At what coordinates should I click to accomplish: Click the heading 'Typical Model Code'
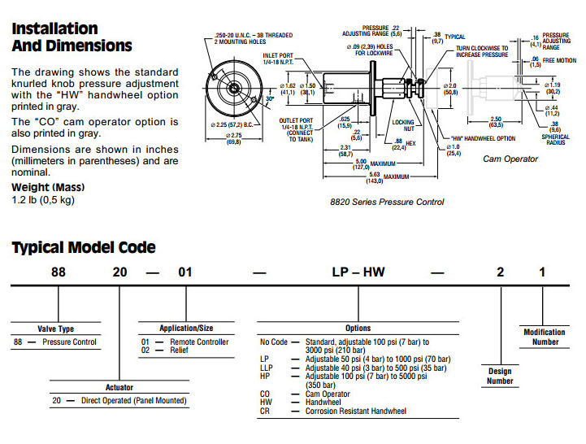tap(84, 247)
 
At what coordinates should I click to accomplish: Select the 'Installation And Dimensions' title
tap(72, 37)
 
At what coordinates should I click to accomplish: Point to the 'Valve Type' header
tap(55, 329)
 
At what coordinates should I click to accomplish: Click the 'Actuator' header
tap(119, 387)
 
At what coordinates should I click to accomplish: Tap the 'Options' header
tap(358, 329)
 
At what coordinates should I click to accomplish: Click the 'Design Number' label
tap(500, 376)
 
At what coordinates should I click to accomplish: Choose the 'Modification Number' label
tap(544, 337)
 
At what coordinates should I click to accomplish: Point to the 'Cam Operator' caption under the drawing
tap(510, 159)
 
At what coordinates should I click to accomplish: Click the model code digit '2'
tap(500, 272)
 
